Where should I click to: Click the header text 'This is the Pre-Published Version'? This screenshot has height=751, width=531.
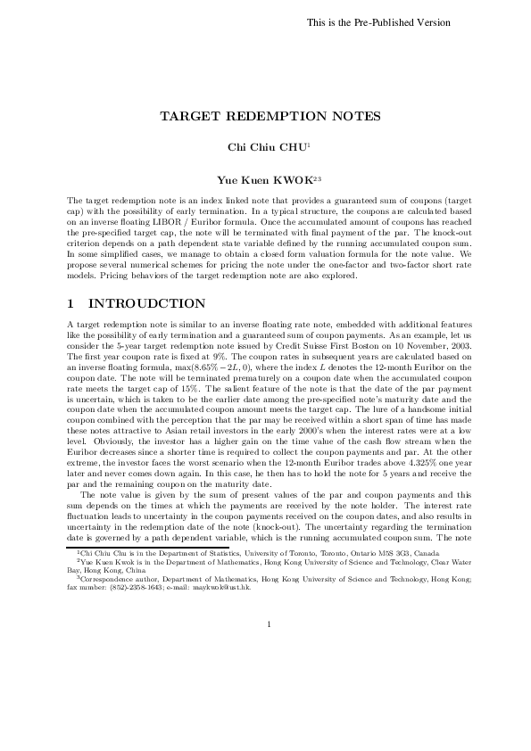(x=378, y=22)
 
